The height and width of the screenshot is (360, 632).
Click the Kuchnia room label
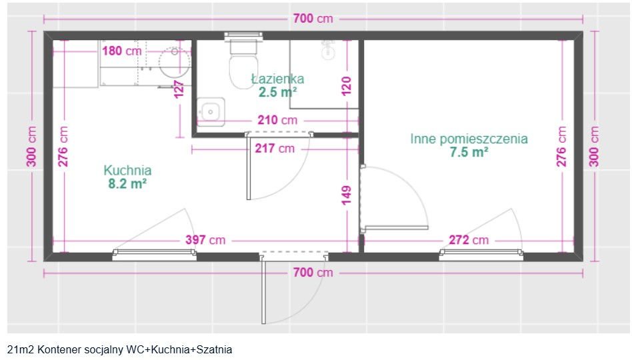(127, 171)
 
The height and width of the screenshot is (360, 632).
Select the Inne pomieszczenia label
(469, 139)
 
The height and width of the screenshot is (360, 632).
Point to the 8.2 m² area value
(127, 184)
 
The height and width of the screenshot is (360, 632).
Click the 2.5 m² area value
(278, 92)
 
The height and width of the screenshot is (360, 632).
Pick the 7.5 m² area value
(469, 153)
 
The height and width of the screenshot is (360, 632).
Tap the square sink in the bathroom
(211, 111)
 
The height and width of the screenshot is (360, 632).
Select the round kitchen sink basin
(175, 63)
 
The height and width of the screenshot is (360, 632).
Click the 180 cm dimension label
(122, 51)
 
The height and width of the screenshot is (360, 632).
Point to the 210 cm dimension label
(277, 120)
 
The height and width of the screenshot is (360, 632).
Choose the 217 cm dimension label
(275, 149)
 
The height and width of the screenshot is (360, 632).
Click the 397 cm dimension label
(205, 240)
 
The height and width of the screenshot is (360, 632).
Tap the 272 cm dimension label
(469, 240)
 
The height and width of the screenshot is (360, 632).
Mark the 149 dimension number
(346, 195)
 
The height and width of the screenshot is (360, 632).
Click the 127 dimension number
(179, 89)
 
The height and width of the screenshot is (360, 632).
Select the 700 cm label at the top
(313, 19)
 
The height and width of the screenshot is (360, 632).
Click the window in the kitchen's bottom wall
(155, 254)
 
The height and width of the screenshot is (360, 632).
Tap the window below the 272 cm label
(481, 254)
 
